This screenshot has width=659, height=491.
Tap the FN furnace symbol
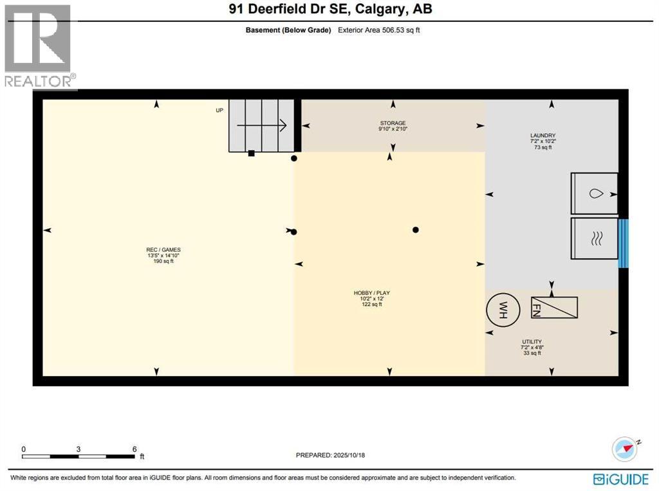pos(554,307)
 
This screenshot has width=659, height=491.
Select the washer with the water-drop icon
pos(594,193)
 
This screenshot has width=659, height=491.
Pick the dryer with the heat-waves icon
pos(594,238)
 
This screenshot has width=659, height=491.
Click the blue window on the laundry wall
pos(622,243)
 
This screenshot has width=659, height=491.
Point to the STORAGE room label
pos(393,123)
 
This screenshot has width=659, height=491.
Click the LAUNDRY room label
pos(543,136)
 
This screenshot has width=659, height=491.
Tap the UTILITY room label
pos(532,342)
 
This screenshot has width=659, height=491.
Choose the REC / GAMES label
pos(159,250)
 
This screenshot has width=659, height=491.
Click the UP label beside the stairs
pos(219,111)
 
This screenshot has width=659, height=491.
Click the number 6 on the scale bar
pos(135,449)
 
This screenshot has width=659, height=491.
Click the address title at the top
pos(329,10)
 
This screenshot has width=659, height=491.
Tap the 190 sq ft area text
pos(159,261)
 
